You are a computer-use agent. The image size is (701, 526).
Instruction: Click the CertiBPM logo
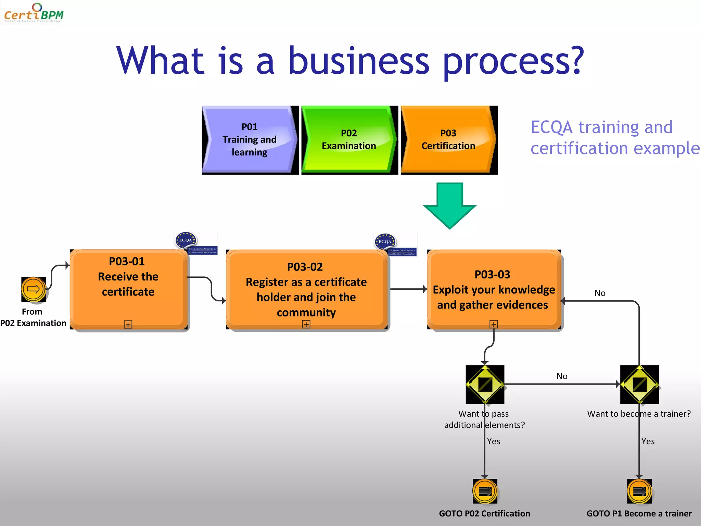34,13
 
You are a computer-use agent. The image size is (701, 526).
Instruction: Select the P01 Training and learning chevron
249,140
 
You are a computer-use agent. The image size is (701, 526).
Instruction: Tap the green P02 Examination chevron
348,140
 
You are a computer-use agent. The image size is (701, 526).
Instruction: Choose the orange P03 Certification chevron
448,140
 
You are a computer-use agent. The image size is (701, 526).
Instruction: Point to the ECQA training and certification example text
614,138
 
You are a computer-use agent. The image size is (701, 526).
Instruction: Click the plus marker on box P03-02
306,324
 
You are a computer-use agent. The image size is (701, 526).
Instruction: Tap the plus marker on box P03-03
494,324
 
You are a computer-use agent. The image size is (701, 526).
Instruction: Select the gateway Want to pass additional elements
485,384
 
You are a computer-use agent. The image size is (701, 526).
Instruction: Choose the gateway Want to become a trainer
639,384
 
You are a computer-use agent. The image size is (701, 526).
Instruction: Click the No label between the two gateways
562,376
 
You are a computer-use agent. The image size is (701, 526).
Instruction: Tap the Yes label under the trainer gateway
648,441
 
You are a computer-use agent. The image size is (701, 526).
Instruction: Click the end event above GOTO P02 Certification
485,491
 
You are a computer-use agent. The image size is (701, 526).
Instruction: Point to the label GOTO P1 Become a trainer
639,514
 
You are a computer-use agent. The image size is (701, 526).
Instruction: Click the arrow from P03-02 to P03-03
408,289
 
